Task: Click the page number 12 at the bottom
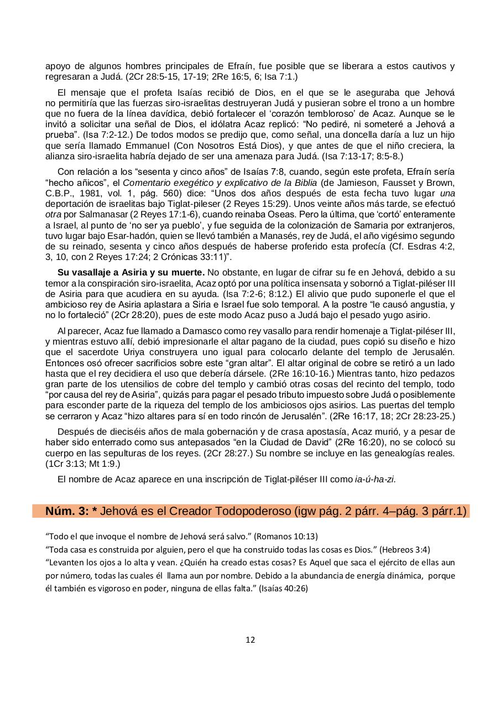coord(250,640)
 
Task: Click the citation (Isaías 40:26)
coord(283,588)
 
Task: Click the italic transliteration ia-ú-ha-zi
coord(375,479)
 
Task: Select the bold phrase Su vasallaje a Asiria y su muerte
coord(131,272)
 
